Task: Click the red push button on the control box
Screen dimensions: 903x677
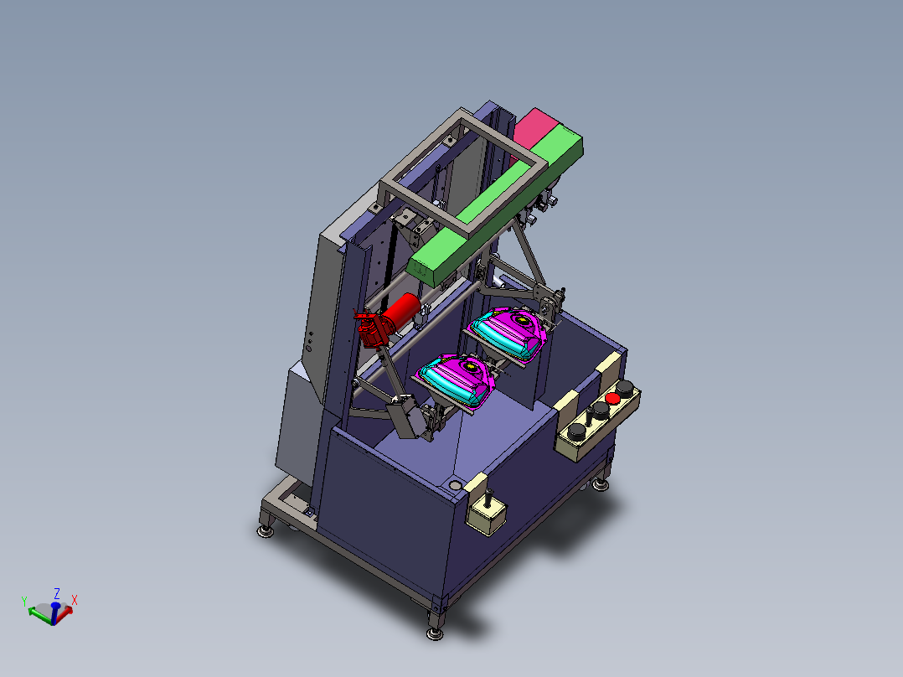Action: point(612,398)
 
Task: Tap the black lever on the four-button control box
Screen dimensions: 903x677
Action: point(589,416)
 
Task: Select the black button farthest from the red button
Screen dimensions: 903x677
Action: point(576,432)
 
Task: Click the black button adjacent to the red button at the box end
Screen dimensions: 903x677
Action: point(626,386)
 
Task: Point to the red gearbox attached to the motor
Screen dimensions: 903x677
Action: point(372,331)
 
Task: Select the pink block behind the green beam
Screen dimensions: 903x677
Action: point(534,128)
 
